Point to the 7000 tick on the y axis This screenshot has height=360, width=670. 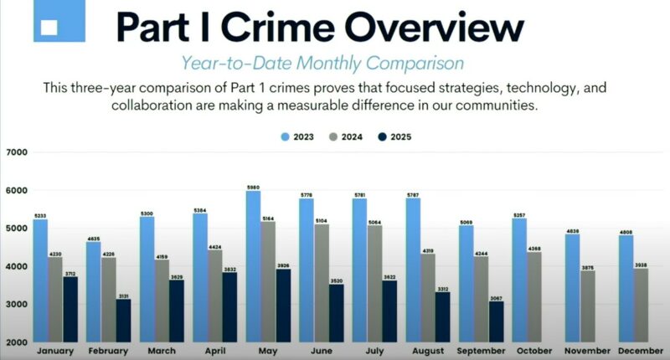pos(17,152)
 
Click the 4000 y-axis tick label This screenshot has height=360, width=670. pos(17,266)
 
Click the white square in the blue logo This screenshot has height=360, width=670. pos(49,26)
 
